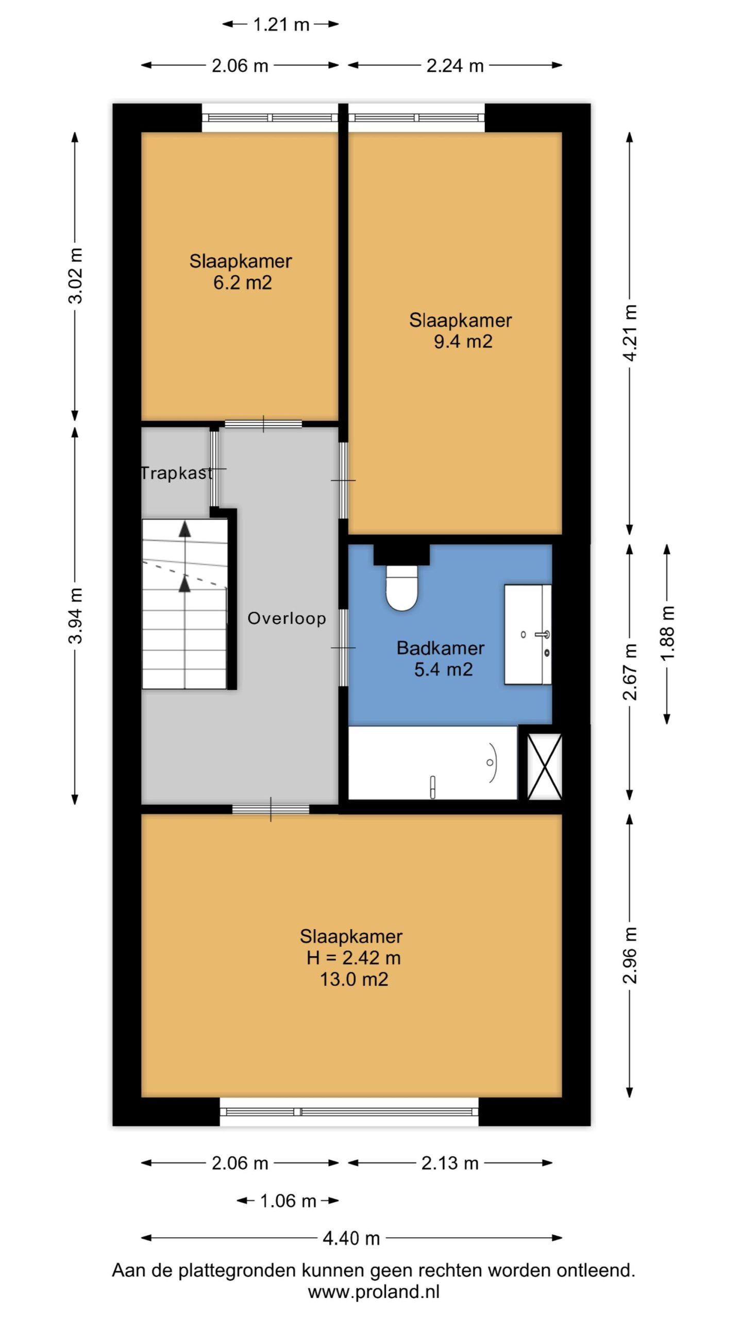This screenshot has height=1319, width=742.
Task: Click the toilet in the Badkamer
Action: tap(401, 588)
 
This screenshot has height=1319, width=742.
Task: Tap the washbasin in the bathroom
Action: tap(528, 634)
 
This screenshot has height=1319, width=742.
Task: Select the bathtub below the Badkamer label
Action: tap(432, 763)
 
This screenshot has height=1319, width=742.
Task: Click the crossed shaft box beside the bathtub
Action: tap(544, 767)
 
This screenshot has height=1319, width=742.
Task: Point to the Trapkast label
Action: tap(177, 473)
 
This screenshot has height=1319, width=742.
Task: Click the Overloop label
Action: tap(286, 618)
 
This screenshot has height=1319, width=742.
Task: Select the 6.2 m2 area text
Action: tap(242, 282)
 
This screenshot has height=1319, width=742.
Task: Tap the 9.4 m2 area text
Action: tap(463, 341)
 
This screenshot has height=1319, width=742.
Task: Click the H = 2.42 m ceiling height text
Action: tap(353, 958)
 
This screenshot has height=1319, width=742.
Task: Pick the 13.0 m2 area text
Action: tap(354, 979)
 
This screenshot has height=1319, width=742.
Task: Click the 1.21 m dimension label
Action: tap(281, 24)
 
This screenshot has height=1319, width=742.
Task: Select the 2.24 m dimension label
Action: tap(455, 65)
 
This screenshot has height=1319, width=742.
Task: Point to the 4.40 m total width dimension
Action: tap(351, 1238)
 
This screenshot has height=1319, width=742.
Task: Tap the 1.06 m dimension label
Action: tap(288, 1201)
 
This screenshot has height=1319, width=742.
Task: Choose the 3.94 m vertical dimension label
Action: tap(75, 616)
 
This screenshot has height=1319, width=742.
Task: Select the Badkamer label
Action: tap(441, 648)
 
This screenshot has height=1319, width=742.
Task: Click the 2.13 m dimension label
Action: tap(450, 1163)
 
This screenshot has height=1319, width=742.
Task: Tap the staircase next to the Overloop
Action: tap(184, 604)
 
